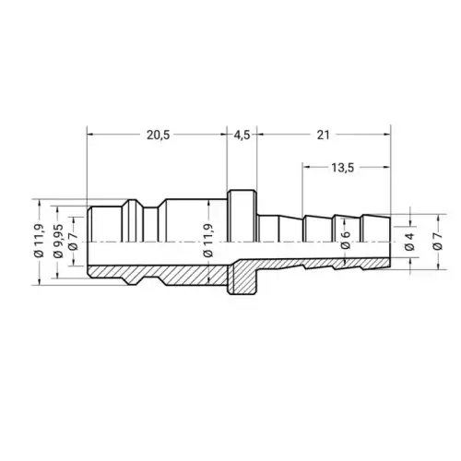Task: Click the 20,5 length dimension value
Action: (158, 136)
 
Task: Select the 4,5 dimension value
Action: (242, 136)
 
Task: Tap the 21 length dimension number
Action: (323, 135)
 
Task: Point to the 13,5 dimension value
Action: (343, 168)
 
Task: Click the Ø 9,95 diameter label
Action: (58, 241)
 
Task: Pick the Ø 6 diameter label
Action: (346, 240)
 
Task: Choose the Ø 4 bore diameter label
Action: (410, 242)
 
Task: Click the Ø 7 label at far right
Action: (438, 242)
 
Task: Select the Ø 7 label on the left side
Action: (73, 241)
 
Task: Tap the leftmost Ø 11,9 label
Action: (39, 241)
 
